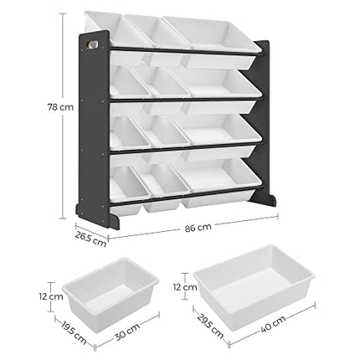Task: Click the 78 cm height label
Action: tap(60, 107)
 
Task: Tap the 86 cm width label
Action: tap(198, 228)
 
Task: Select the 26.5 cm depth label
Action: tap(90, 239)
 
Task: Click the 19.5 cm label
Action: tap(74, 334)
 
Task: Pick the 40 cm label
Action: tap(273, 324)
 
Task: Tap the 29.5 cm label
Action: tap(210, 326)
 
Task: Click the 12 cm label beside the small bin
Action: tap(51, 296)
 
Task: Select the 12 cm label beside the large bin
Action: tap(185, 287)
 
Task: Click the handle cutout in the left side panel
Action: tap(93, 44)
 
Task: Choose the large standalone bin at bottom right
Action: tap(254, 286)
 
